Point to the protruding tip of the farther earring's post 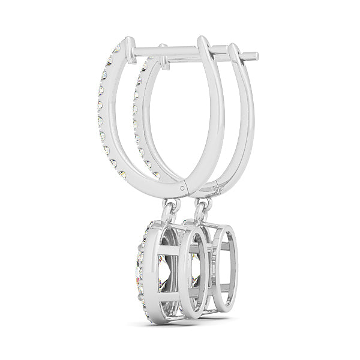[x=254, y=57]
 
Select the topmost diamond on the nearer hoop [x=116, y=48]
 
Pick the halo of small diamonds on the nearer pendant [x=142, y=264]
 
